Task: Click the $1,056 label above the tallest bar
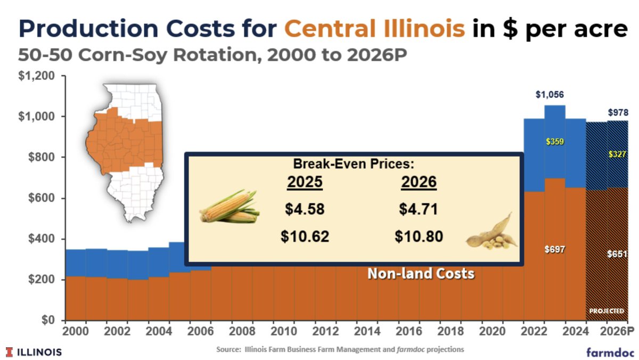(550, 95)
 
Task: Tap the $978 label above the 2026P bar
(618, 113)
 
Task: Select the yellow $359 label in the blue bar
(554, 142)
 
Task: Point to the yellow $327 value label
(618, 154)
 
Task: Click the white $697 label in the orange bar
(554, 249)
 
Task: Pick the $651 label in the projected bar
(618, 255)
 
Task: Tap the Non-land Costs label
(421, 274)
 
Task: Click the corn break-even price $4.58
(305, 209)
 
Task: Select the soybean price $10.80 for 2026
(419, 236)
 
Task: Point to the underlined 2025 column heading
(305, 183)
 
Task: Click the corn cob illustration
(229, 207)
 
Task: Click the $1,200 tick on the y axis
(36, 76)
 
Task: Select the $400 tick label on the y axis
(41, 239)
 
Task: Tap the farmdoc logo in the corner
(608, 352)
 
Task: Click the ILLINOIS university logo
(34, 352)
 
